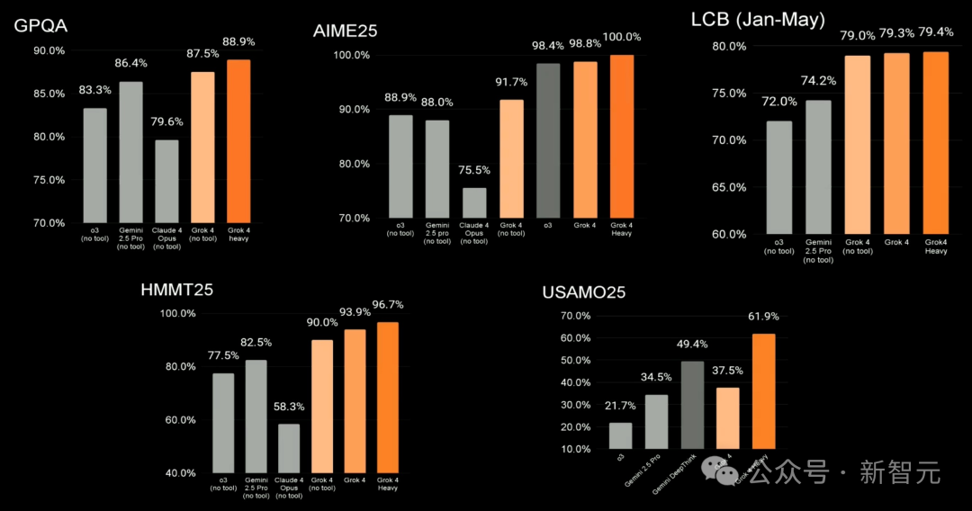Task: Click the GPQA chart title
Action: pos(40,25)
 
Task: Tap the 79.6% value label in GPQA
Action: pos(166,122)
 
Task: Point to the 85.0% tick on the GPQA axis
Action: pos(49,94)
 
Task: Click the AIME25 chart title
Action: pos(345,31)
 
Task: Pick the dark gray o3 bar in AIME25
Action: pos(548,140)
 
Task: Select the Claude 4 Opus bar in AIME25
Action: pos(473,202)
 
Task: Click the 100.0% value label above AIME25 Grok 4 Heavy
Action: pos(622,37)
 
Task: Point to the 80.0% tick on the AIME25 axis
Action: pos(353,164)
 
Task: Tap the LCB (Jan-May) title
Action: pos(758,20)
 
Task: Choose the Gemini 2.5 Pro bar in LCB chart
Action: pos(817,166)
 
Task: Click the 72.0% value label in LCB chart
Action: pos(779,102)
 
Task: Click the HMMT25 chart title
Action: pos(176,290)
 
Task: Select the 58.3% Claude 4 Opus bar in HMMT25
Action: pos(289,448)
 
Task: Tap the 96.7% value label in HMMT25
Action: pos(387,304)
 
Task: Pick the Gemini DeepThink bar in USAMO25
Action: pos(692,405)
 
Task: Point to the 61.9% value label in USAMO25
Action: pos(763,316)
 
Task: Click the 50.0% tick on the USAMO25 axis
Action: pos(574,360)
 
